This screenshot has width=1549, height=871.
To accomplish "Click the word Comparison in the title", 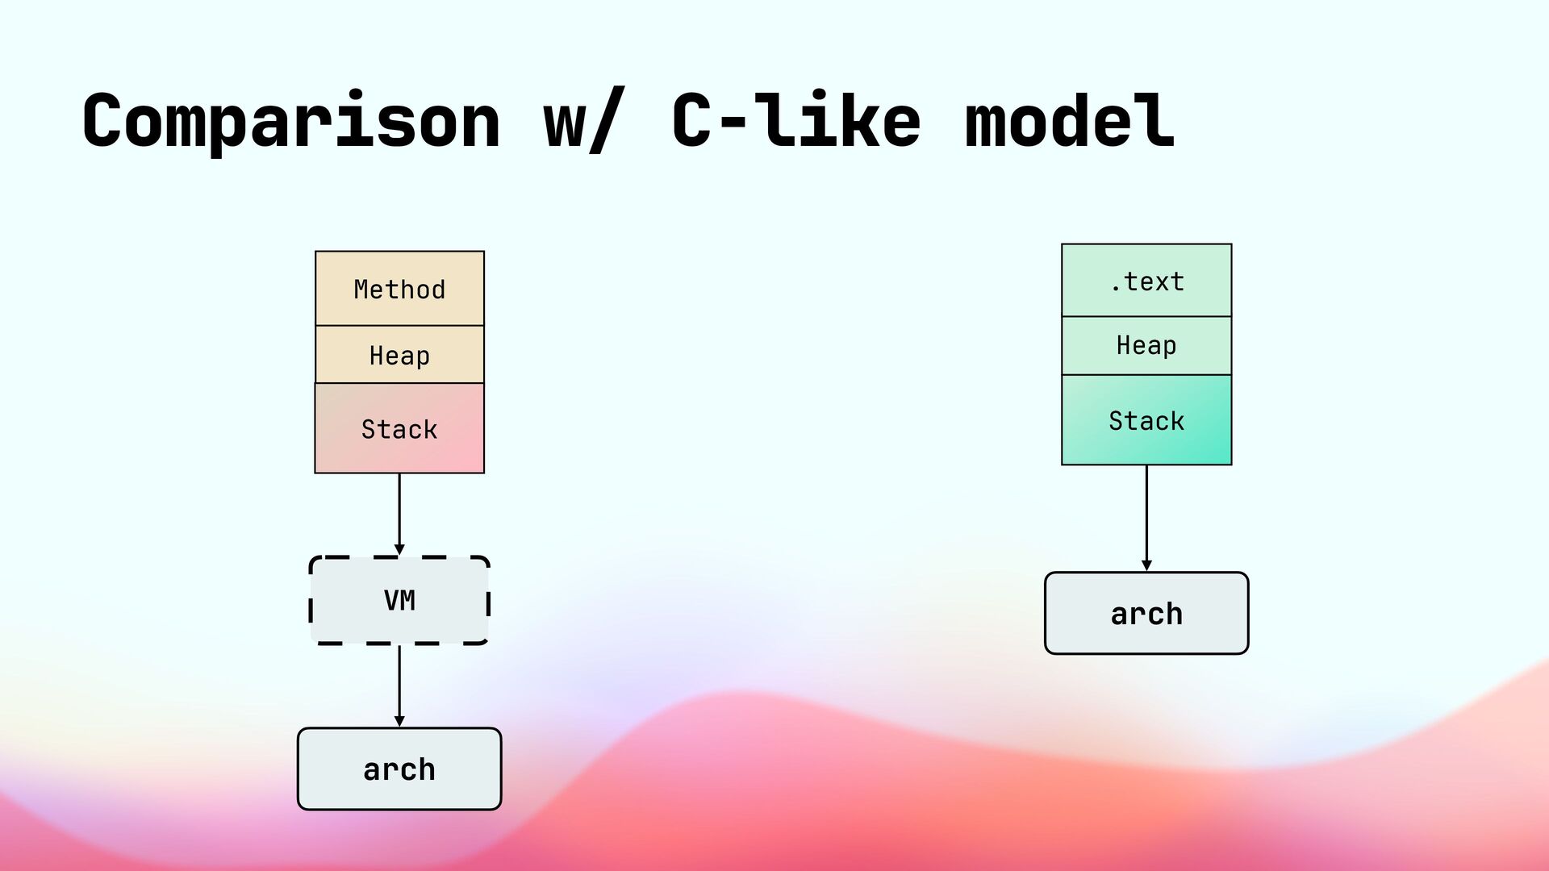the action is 291,122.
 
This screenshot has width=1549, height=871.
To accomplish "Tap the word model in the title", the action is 1070,120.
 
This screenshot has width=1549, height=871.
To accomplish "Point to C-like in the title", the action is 795,120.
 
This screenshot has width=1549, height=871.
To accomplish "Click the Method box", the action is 399,289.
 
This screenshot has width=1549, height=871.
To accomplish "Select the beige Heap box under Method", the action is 399,355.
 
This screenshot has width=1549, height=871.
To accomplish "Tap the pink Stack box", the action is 399,428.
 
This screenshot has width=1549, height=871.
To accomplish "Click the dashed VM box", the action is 399,600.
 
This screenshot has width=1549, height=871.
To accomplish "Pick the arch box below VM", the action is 399,769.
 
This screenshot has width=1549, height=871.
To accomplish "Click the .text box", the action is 1146,281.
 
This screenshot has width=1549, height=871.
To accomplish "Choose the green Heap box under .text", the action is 1146,346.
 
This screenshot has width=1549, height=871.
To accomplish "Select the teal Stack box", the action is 1146,420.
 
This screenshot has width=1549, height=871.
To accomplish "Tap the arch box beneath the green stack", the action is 1146,613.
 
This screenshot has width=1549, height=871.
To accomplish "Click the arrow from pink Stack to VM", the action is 399,515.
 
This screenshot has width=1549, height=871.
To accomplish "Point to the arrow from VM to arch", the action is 399,686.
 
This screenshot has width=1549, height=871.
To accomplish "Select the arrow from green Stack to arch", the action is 1146,519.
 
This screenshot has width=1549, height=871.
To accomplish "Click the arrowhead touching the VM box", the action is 399,550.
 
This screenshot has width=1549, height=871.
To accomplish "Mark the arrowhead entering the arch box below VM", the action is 399,722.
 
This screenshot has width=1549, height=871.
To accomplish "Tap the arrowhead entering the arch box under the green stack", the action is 1146,566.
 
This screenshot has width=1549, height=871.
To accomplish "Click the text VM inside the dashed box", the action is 399,601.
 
